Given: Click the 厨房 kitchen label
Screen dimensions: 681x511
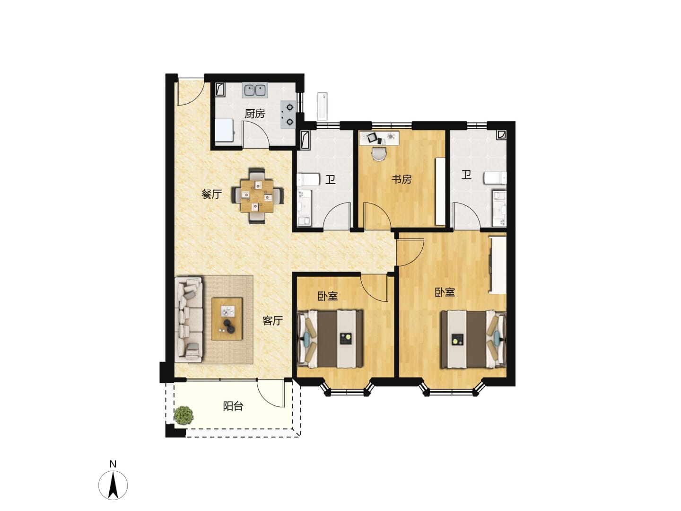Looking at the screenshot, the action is click(255, 114).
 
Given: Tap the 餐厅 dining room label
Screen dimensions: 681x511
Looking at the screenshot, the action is click(211, 194).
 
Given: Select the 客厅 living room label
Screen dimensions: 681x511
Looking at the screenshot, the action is click(272, 320).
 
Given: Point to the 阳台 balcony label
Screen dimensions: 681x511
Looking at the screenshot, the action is click(233, 406).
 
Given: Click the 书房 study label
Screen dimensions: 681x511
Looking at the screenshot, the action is click(402, 179).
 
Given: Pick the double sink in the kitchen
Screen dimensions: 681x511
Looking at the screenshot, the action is click(255, 90).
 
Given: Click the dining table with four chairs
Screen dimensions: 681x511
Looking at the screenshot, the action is click(257, 196).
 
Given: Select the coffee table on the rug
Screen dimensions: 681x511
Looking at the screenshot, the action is click(227, 319).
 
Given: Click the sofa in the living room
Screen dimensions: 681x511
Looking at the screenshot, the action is click(189, 320).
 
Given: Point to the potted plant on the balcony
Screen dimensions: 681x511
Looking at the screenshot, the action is click(183, 415).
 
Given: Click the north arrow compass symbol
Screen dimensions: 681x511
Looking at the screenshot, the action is click(113, 485).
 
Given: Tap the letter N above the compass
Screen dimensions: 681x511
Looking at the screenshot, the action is click(113, 464).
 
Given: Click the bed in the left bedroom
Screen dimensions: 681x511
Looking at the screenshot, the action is click(330, 339).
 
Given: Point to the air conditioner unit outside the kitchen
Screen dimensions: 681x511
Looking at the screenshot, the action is click(322, 106).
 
